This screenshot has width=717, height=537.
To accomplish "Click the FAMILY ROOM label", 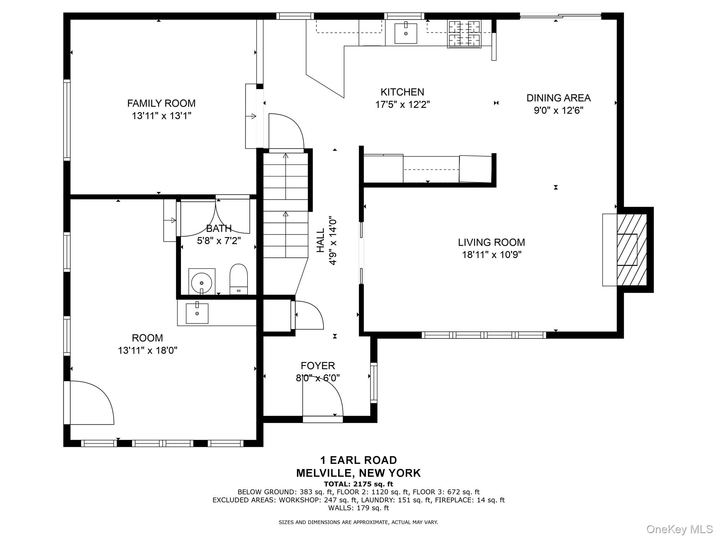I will pyautogui.click(x=161, y=103).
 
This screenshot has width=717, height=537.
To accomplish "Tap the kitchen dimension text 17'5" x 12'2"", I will pyautogui.click(x=402, y=105).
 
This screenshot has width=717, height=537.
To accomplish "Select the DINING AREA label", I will pyautogui.click(x=558, y=98).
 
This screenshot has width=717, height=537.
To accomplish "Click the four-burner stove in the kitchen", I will pyautogui.click(x=464, y=34).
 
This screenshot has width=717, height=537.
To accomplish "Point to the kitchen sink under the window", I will pyautogui.click(x=406, y=34).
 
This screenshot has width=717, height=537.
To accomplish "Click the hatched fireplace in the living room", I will pyautogui.click(x=631, y=250).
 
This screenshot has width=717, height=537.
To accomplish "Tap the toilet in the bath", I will pyautogui.click(x=238, y=279).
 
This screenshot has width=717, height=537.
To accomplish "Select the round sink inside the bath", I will pyautogui.click(x=201, y=282).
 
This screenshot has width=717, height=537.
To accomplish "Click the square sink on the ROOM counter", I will pyautogui.click(x=197, y=313).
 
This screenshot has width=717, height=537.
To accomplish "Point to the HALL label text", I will pyautogui.click(x=321, y=240).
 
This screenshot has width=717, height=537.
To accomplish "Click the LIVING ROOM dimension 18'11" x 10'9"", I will pyautogui.click(x=492, y=255).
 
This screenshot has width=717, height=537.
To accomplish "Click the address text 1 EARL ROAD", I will pyautogui.click(x=358, y=460).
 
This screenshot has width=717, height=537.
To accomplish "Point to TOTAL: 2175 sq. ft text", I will pyautogui.click(x=358, y=484).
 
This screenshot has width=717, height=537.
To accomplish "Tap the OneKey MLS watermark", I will pyautogui.click(x=679, y=529).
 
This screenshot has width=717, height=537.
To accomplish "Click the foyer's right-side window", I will pyautogui.click(x=374, y=383).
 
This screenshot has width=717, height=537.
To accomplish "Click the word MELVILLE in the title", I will pyautogui.click(x=323, y=473).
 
